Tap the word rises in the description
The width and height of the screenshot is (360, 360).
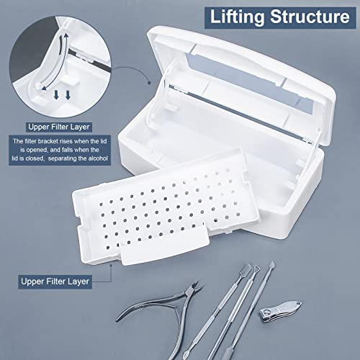click(78, 141)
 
